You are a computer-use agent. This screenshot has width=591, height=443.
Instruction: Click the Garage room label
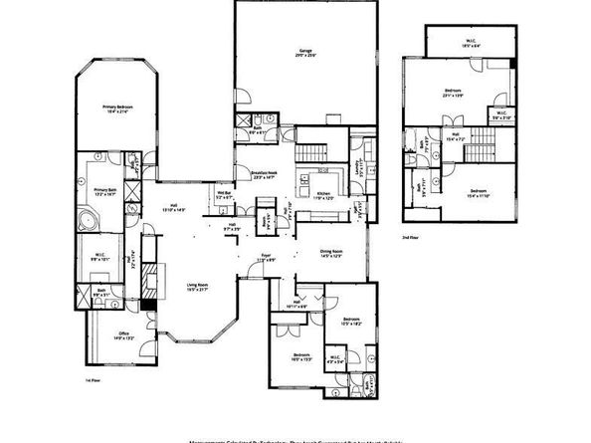pyautogui.click(x=308, y=53)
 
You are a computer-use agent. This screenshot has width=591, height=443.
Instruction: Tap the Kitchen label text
pyautogui.click(x=323, y=195)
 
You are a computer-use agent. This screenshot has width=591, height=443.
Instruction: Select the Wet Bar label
pyautogui.click(x=224, y=195)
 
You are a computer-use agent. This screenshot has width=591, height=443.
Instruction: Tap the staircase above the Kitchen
pyautogui.click(x=311, y=154)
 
